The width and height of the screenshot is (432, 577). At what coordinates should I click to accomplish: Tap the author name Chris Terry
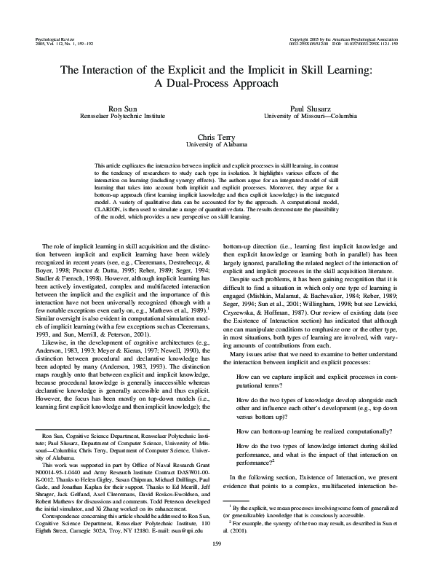click(215, 136)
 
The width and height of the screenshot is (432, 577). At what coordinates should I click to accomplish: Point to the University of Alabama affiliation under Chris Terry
click(215, 144)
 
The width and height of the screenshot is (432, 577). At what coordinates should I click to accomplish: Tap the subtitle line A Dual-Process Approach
click(215, 83)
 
